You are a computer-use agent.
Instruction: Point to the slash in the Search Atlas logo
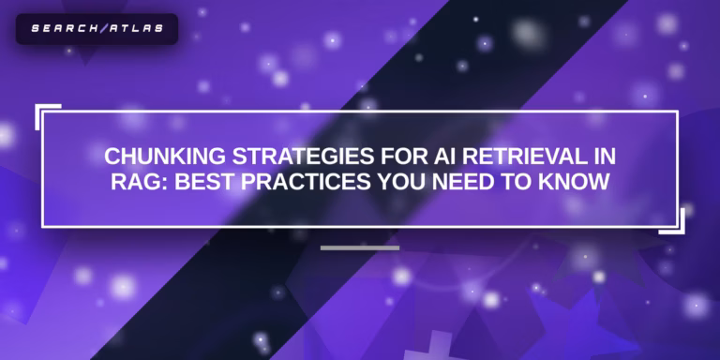[x=99, y=28]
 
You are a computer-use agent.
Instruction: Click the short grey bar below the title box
[x=360, y=248]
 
